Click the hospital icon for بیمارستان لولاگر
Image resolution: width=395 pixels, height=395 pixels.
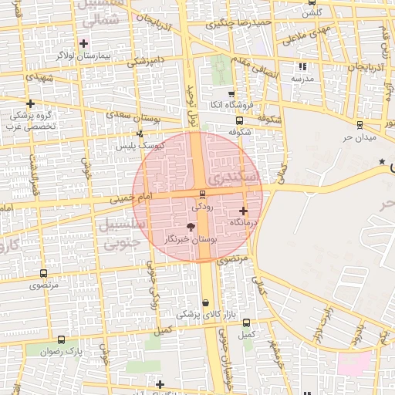click(x=84, y=43)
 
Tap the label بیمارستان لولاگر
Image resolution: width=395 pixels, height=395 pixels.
click(x=84, y=56)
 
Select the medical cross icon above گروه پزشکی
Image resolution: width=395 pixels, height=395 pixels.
click(x=30, y=103)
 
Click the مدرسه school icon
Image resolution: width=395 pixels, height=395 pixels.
click(x=302, y=67)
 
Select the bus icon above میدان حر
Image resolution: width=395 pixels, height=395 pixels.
click(x=360, y=124)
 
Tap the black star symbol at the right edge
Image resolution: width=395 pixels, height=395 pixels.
click(x=382, y=161)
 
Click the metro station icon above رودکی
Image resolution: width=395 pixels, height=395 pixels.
click(x=202, y=194)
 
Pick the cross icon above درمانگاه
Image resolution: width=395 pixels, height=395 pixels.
click(x=244, y=211)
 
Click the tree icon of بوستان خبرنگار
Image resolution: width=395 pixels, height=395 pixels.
click(x=191, y=227)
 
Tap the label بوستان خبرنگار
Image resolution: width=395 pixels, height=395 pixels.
click(x=191, y=240)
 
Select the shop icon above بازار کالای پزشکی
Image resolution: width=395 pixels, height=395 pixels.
click(x=205, y=303)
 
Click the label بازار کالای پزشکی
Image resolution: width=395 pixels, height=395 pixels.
click(x=199, y=315)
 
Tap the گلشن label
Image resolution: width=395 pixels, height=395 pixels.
click(x=311, y=13)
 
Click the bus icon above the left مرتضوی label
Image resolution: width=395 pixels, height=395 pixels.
click(x=42, y=273)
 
